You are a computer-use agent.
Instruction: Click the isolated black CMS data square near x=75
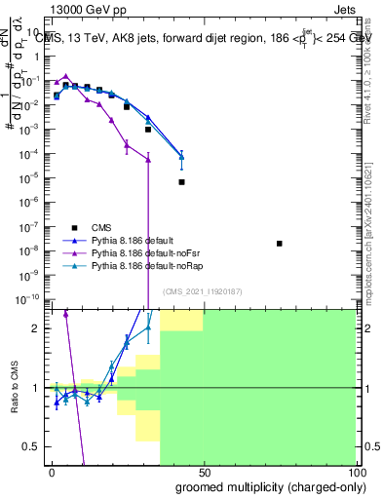pos(279,244)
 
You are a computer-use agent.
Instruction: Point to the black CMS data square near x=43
pos(181,181)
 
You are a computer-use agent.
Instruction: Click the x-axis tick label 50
pos(203,472)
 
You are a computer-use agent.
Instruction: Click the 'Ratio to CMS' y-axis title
pos(14,385)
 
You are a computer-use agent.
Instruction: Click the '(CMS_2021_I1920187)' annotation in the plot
pos(202,290)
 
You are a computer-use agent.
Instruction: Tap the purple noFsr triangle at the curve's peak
pos(65,76)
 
